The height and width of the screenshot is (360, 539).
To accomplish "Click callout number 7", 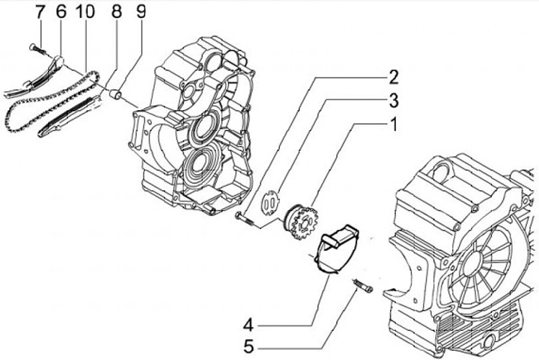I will pos(40,12).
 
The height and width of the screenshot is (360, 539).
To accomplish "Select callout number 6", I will pos(61,12).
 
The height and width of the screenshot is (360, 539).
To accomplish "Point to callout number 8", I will pos(116,12).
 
